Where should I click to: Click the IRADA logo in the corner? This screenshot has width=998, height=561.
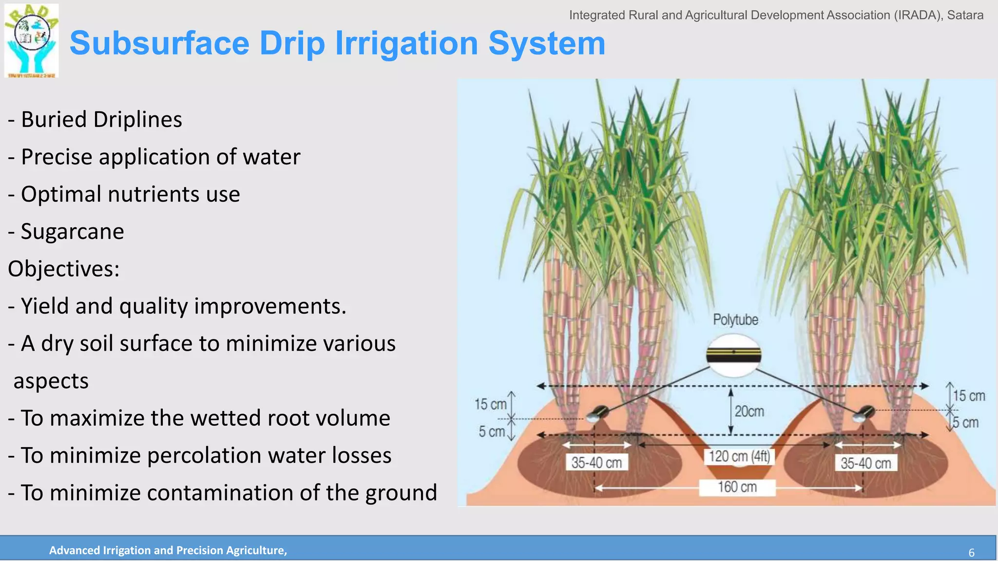click(x=31, y=41)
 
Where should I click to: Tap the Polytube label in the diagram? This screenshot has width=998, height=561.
click(x=735, y=320)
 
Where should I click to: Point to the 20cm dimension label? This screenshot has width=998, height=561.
click(x=749, y=411)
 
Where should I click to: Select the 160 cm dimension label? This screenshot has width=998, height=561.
click(x=737, y=487)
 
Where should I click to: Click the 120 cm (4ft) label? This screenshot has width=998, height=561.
click(x=739, y=456)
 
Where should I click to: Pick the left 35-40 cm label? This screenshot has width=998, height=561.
click(x=596, y=463)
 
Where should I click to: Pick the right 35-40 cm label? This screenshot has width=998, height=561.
click(x=865, y=463)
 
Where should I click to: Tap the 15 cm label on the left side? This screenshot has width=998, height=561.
click(x=490, y=404)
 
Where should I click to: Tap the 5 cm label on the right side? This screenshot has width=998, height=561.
click(x=966, y=423)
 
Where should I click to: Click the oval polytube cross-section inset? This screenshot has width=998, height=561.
click(x=734, y=356)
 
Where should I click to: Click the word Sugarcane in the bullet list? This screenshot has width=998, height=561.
click(x=72, y=231)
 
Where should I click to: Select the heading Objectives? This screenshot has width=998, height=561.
click(x=63, y=269)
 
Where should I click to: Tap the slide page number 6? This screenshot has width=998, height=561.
click(x=971, y=553)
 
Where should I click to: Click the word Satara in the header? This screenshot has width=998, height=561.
click(x=965, y=15)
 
